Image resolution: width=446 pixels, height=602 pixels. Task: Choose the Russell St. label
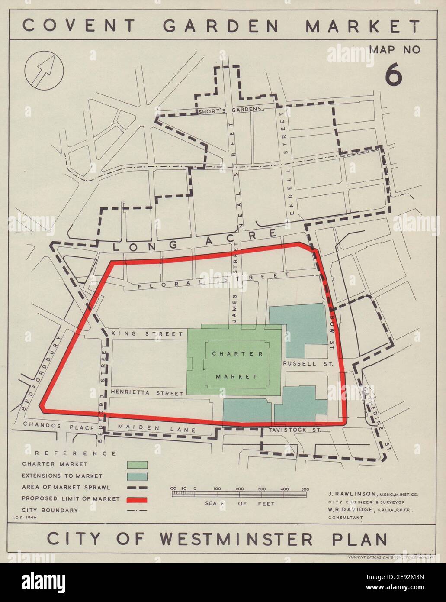(x=307, y=364)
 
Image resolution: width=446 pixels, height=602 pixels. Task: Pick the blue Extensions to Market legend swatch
(x=138, y=476)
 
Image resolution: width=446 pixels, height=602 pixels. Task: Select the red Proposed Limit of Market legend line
(x=138, y=499)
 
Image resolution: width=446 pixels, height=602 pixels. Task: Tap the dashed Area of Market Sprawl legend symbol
(x=138, y=488)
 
